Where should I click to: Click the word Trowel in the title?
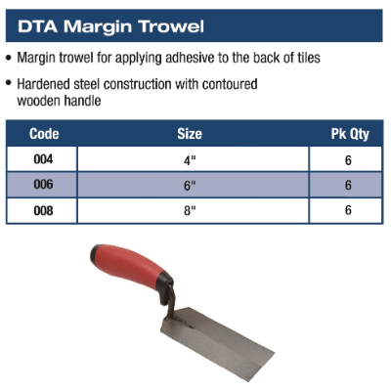tap(171, 26)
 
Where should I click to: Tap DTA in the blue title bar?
tap(38, 26)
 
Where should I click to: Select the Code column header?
tap(44, 134)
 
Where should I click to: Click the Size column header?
tap(190, 134)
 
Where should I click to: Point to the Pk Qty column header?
tap(350, 134)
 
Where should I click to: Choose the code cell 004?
tap(43, 159)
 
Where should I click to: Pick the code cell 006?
tap(43, 185)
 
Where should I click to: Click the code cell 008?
tap(43, 211)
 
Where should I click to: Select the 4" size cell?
tap(190, 160)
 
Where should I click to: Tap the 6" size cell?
tap(190, 186)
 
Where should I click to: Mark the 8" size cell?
tap(190, 211)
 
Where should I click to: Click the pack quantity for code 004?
tap(348, 160)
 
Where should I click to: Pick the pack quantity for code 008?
tap(348, 210)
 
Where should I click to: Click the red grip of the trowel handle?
tap(129, 267)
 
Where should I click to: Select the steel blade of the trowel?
tap(217, 343)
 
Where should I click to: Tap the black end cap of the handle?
tap(95, 256)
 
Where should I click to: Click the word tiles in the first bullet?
tap(309, 58)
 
